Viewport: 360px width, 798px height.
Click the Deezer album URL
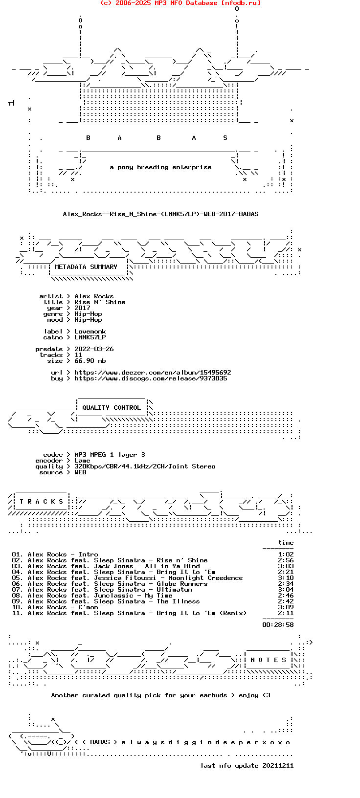click(153, 373)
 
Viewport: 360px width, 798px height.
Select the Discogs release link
click(151, 378)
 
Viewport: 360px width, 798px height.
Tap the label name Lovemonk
click(90, 332)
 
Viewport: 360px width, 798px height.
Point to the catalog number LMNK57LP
click(90, 337)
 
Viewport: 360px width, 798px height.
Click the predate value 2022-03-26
click(94, 349)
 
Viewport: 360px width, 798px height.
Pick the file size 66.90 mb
click(90, 361)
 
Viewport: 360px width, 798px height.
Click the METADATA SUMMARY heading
click(86, 267)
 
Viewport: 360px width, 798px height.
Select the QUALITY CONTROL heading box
click(112, 408)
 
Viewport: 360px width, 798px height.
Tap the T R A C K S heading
click(42, 502)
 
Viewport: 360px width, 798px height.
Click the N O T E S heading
click(269, 660)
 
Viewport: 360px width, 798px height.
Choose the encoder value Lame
click(82, 461)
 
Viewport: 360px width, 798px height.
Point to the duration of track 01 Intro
click(286, 554)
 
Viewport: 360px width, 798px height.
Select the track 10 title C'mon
click(88, 607)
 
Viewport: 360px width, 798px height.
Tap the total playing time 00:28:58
click(278, 625)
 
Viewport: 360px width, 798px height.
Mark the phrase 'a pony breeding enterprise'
click(160, 167)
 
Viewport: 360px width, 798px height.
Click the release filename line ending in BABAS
click(160, 214)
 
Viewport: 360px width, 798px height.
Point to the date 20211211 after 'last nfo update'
click(278, 766)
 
